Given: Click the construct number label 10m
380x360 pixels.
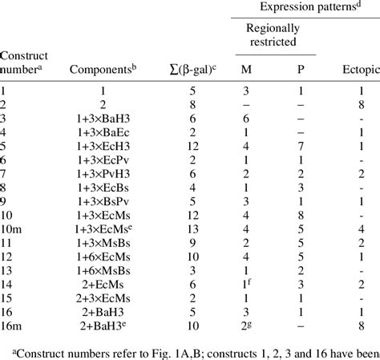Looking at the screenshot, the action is tap(12, 226).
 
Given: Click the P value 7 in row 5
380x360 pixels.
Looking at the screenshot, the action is tap(300, 145).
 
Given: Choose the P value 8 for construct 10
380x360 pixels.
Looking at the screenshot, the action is tap(300, 212).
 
